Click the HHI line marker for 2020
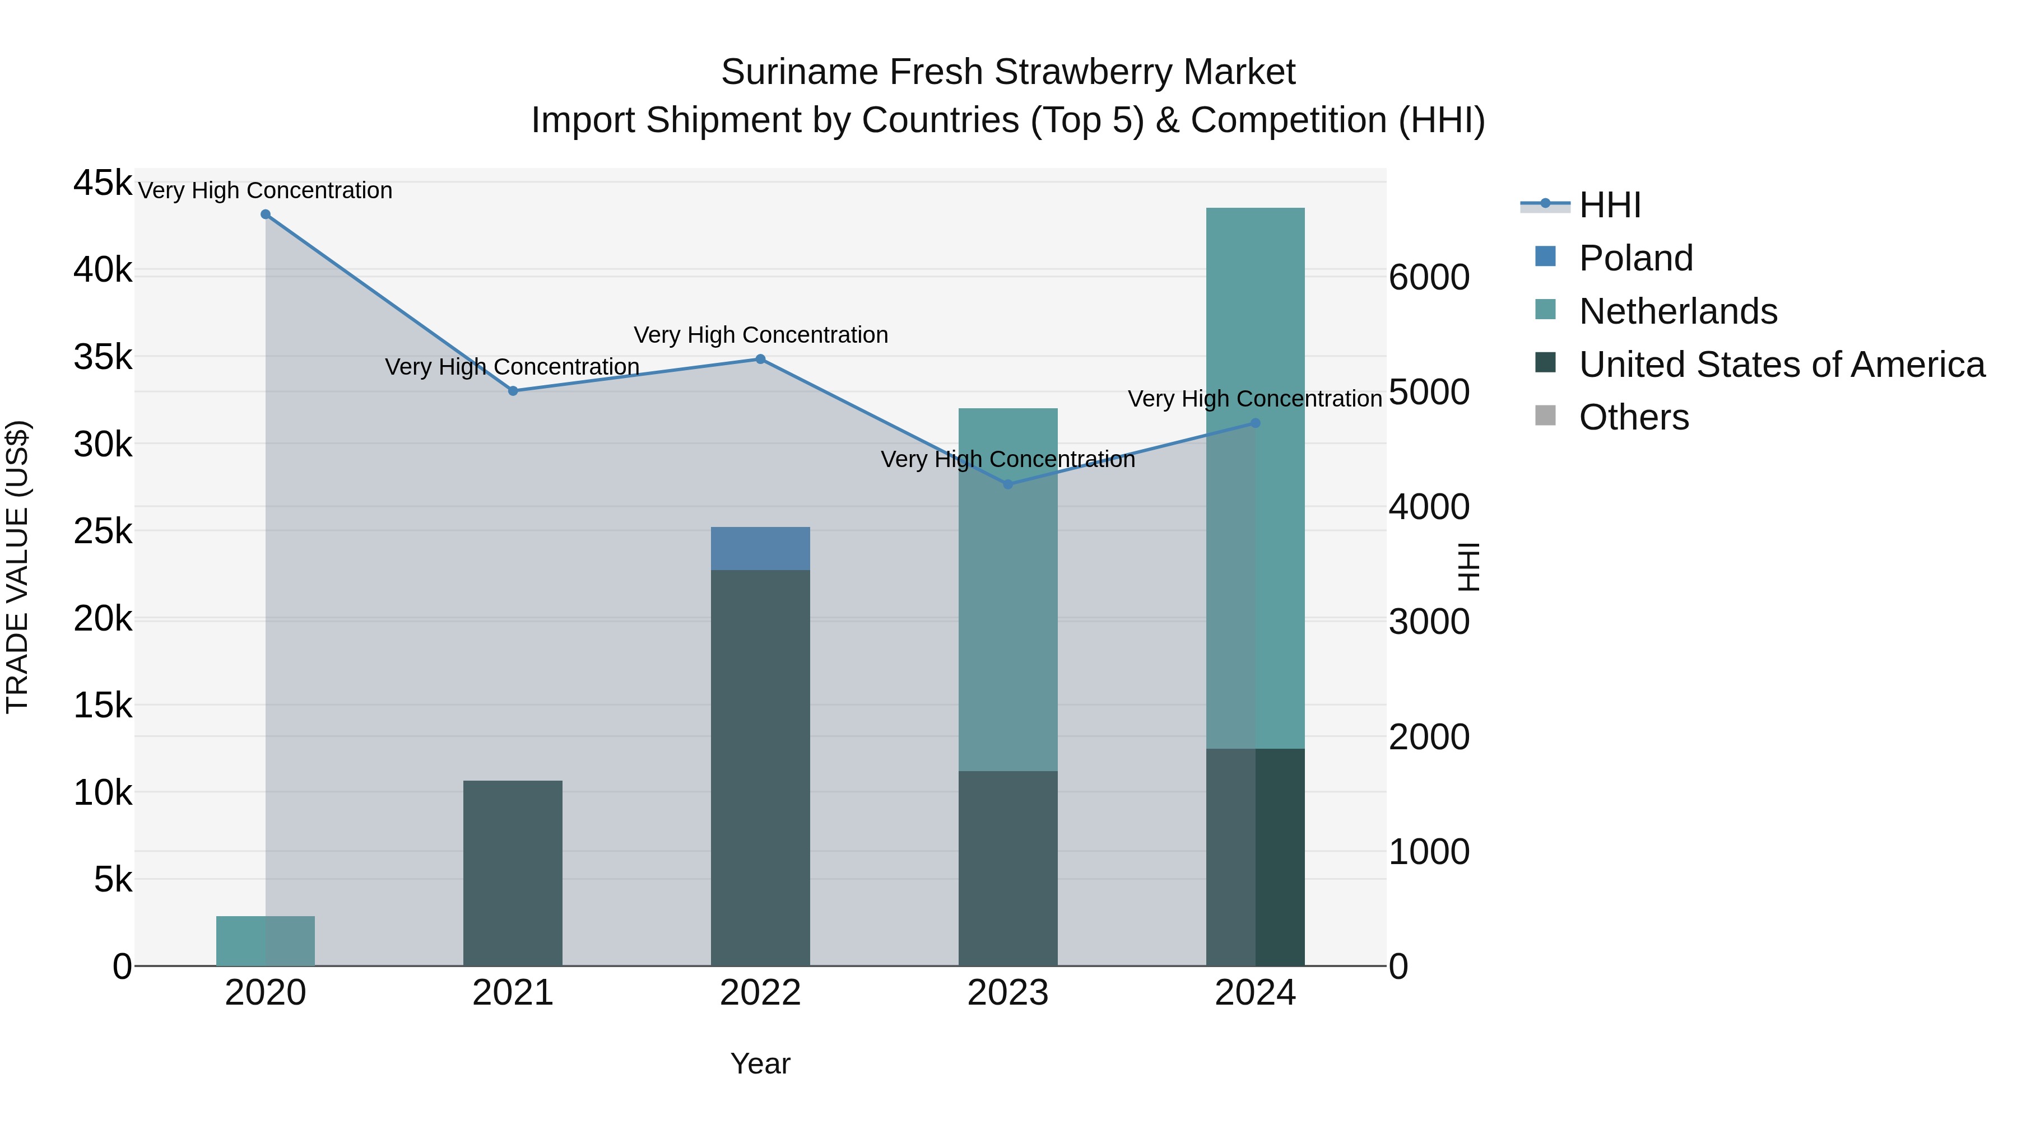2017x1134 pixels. coord(266,214)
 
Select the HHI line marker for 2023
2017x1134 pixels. coord(1008,484)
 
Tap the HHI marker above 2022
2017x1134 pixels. coord(760,359)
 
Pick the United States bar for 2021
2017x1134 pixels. coord(513,872)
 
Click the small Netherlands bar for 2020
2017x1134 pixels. coord(266,941)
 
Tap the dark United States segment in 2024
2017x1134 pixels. coord(1255,857)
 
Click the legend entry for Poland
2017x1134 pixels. coord(1635,258)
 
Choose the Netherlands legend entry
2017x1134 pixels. coord(1677,311)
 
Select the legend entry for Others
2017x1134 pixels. coord(1633,418)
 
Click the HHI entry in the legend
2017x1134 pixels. coord(1609,205)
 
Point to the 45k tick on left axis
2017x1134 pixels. coord(103,183)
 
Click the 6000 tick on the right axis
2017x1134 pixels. coord(1429,277)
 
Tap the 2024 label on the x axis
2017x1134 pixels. coord(1255,993)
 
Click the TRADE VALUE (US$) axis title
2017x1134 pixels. coord(17,567)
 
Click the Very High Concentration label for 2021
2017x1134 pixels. coord(512,367)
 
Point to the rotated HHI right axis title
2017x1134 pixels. coord(1469,567)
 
